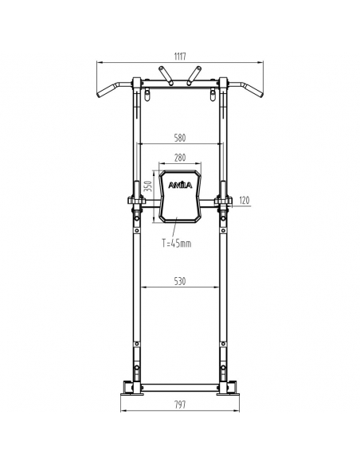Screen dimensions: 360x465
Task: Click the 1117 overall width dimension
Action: [180, 56]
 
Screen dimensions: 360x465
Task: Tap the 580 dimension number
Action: [180, 138]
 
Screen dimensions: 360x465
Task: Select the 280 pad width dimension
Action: [180, 158]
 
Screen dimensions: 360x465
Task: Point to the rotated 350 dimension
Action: [149, 186]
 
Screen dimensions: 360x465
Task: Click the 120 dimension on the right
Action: [244, 201]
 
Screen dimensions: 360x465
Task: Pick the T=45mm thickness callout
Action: [177, 244]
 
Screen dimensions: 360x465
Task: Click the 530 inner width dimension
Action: [180, 281]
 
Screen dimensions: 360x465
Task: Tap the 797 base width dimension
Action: [180, 404]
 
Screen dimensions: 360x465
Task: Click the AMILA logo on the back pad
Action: [180, 185]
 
